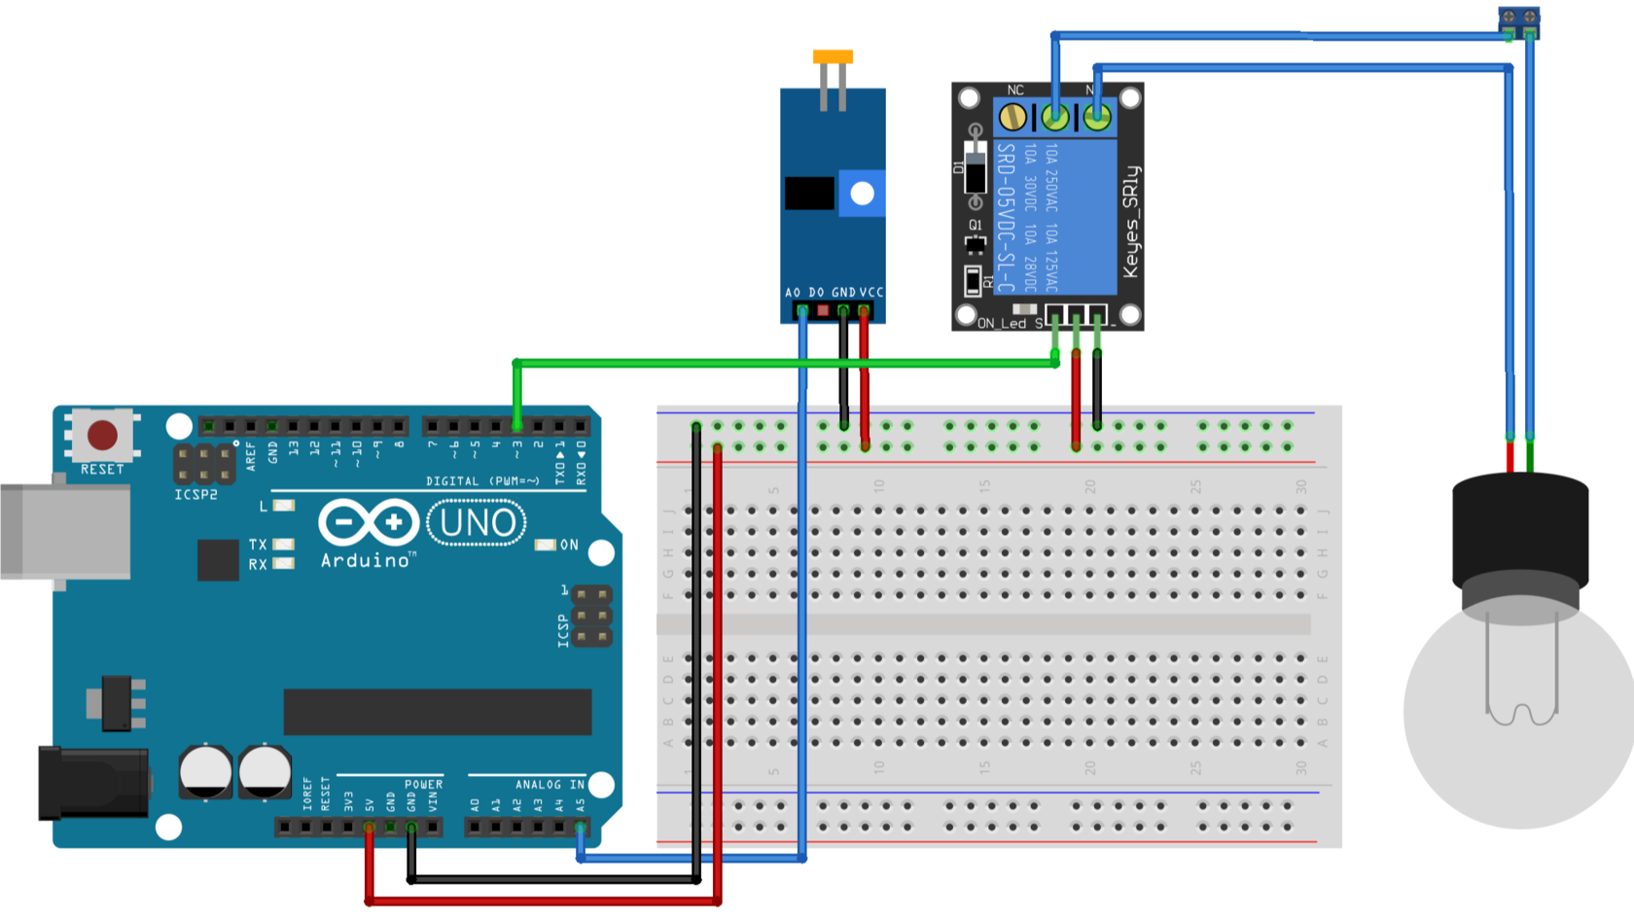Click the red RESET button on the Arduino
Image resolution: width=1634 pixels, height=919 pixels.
click(102, 435)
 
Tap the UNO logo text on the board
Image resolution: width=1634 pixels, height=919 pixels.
click(477, 523)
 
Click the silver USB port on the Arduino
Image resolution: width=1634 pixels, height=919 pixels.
click(65, 531)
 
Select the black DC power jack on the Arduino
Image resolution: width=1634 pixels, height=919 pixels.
click(92, 784)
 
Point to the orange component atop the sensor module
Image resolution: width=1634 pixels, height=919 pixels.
click(833, 57)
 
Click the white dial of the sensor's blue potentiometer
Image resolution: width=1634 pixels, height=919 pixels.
click(862, 194)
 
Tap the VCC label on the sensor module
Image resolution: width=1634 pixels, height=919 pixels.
click(871, 292)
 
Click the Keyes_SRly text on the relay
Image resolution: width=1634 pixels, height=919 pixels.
click(1130, 222)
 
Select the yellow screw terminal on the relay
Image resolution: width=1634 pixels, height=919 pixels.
click(1013, 118)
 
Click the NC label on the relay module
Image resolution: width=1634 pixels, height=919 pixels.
click(1015, 90)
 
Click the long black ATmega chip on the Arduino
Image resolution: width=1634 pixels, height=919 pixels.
click(438, 712)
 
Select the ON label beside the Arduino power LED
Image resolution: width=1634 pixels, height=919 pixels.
click(569, 545)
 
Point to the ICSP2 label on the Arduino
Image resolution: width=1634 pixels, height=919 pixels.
click(195, 495)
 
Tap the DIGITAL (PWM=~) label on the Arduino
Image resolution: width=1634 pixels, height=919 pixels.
click(482, 481)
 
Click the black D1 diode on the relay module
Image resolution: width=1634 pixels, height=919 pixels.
click(975, 171)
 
